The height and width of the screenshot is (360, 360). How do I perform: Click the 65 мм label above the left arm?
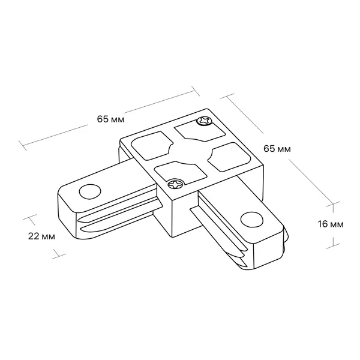point(110,119)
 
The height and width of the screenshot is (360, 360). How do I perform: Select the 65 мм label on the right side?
point(277,149)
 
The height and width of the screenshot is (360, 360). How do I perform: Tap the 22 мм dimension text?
point(41,236)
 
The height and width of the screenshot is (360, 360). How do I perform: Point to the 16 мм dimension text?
point(331,224)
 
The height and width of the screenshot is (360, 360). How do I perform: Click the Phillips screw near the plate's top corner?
point(204,121)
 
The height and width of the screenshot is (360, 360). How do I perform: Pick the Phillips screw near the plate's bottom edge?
point(176,184)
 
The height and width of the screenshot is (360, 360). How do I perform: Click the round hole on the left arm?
point(90,191)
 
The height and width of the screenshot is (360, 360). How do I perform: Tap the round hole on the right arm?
point(252,219)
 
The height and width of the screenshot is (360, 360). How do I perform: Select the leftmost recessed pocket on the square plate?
point(152,146)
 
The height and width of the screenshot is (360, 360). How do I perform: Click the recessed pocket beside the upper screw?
point(199,131)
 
